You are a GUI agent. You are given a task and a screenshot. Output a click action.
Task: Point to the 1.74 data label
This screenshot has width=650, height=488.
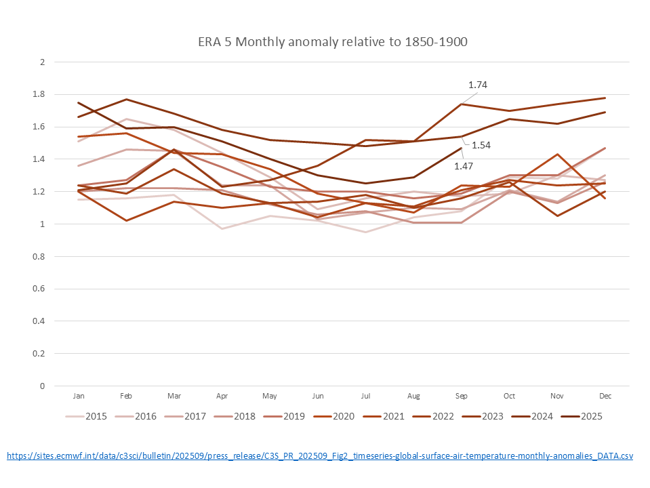[x=478, y=85]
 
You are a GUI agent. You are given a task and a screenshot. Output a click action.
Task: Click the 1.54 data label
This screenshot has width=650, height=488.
[x=481, y=145]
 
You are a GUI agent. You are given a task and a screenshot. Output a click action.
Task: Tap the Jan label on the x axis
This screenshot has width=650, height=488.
[x=79, y=395]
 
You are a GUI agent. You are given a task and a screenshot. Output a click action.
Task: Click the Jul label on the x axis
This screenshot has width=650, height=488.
[x=366, y=395]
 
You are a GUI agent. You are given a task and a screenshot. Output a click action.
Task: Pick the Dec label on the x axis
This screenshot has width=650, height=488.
[x=605, y=395]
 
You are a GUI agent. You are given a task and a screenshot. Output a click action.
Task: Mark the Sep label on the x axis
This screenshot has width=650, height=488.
[x=462, y=395]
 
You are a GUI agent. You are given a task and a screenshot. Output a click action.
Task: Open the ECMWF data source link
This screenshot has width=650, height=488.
[x=320, y=456]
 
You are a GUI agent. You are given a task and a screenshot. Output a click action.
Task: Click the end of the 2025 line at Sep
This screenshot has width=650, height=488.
[x=462, y=148]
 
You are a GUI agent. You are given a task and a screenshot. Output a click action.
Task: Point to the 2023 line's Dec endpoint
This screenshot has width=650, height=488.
[x=605, y=98]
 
